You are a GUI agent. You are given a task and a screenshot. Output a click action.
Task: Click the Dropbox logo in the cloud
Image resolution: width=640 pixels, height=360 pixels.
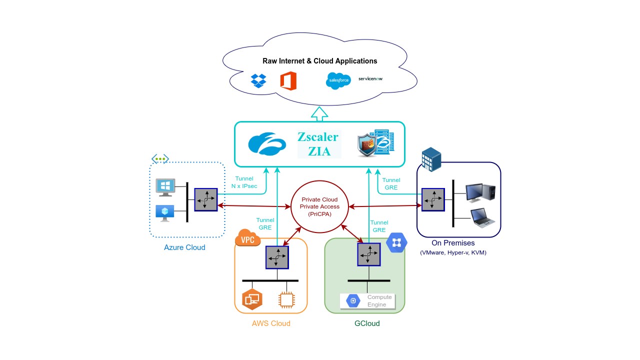tap(258, 80)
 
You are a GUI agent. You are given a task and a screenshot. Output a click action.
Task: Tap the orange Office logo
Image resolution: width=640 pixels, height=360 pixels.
tap(288, 80)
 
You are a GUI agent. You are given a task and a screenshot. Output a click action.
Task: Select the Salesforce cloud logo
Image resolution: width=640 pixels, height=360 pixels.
tap(338, 80)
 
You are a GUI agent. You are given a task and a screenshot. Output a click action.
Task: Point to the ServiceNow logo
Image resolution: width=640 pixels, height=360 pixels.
tap(370, 78)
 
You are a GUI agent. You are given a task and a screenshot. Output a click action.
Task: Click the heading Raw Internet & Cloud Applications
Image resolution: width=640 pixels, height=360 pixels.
tap(320, 61)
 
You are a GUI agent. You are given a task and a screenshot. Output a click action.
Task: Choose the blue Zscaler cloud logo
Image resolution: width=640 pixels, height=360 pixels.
tap(267, 143)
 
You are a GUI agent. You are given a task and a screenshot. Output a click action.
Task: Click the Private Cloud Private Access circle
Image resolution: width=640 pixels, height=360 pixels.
tap(320, 206)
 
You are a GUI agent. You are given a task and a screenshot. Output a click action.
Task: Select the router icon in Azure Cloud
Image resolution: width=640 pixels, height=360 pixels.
tap(206, 199)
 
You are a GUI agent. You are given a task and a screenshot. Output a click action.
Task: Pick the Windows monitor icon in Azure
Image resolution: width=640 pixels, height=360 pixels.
tap(165, 186)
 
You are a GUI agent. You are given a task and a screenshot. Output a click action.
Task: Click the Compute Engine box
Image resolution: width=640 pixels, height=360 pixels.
tap(367, 301)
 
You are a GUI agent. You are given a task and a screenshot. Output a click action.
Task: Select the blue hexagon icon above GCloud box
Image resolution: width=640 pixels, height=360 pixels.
tap(396, 243)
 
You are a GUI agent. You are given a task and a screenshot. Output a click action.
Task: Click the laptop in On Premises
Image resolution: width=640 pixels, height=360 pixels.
tap(482, 218)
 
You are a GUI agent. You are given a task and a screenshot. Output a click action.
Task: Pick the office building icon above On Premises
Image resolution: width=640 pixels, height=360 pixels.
tap(431, 159)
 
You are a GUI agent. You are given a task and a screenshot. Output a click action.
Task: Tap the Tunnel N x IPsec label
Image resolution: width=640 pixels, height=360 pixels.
tap(244, 182)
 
